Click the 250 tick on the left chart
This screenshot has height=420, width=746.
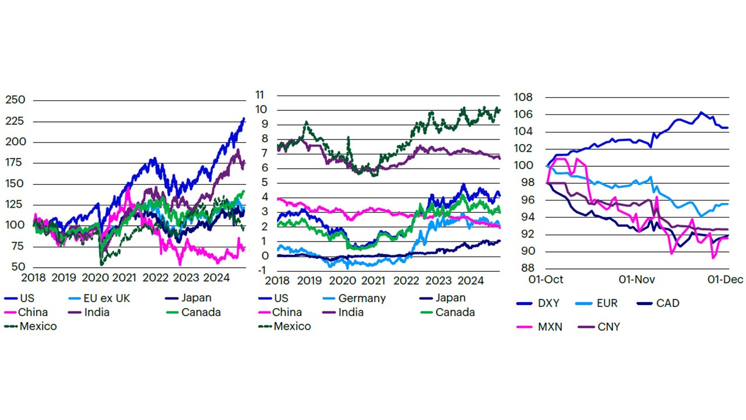coord(15,100)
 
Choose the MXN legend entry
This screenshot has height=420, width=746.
coord(550,327)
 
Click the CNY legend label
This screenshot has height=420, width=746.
coord(608,327)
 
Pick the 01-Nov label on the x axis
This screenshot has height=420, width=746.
coord(634,279)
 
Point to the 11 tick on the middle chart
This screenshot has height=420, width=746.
coord(259,94)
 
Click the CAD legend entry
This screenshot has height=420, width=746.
coord(667,303)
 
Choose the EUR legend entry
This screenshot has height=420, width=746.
coord(607,303)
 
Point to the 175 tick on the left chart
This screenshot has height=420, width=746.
coord(15,163)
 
